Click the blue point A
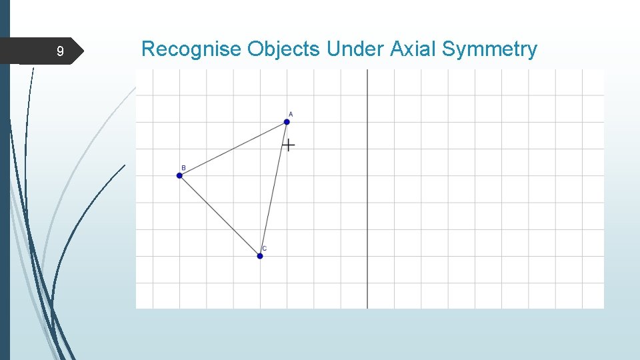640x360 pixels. [x=287, y=121]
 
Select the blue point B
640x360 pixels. [x=179, y=175]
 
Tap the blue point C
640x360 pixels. [x=260, y=256]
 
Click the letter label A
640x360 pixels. [x=291, y=114]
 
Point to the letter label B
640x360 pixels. [x=183, y=168]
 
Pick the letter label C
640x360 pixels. [x=265, y=249]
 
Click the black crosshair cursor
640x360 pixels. [x=288, y=145]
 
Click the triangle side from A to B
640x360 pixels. [x=233, y=148]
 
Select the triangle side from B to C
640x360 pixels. [x=219, y=215]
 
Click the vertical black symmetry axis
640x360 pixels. [x=367, y=200]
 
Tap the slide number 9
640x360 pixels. [x=60, y=51]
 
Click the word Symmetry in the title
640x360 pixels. [x=490, y=49]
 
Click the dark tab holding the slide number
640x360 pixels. [x=47, y=51]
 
